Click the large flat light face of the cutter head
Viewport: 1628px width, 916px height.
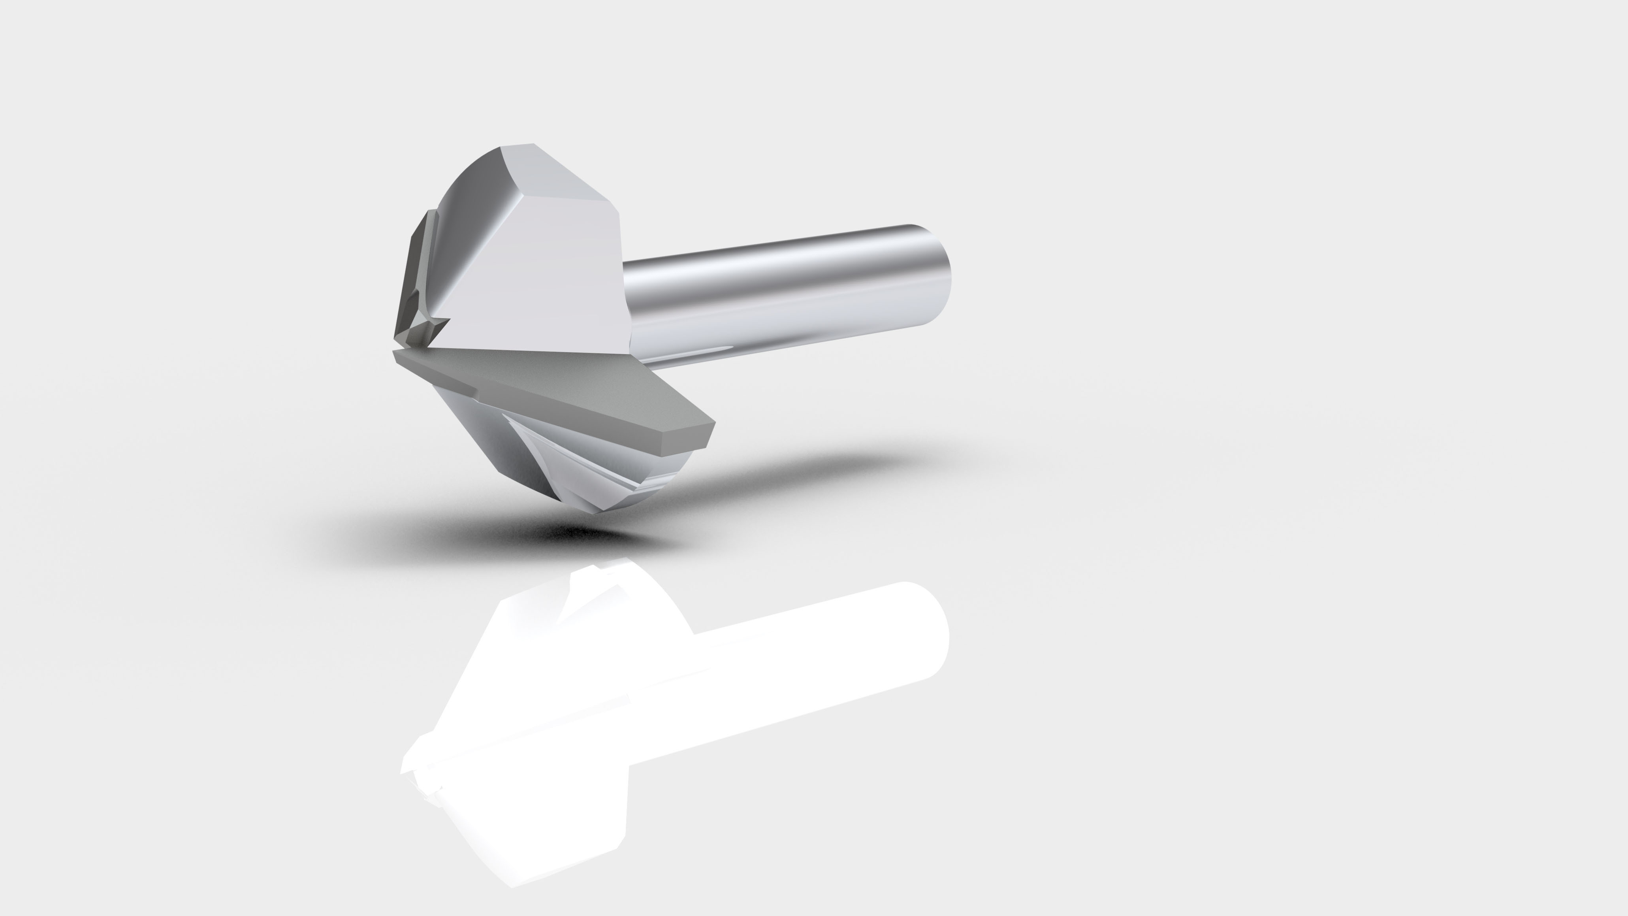pos(550,278)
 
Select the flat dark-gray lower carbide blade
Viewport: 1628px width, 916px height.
pos(556,392)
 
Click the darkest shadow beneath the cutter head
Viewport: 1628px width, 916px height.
pos(569,534)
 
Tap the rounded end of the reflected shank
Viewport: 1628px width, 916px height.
pos(929,632)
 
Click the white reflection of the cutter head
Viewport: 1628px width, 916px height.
pos(544,727)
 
